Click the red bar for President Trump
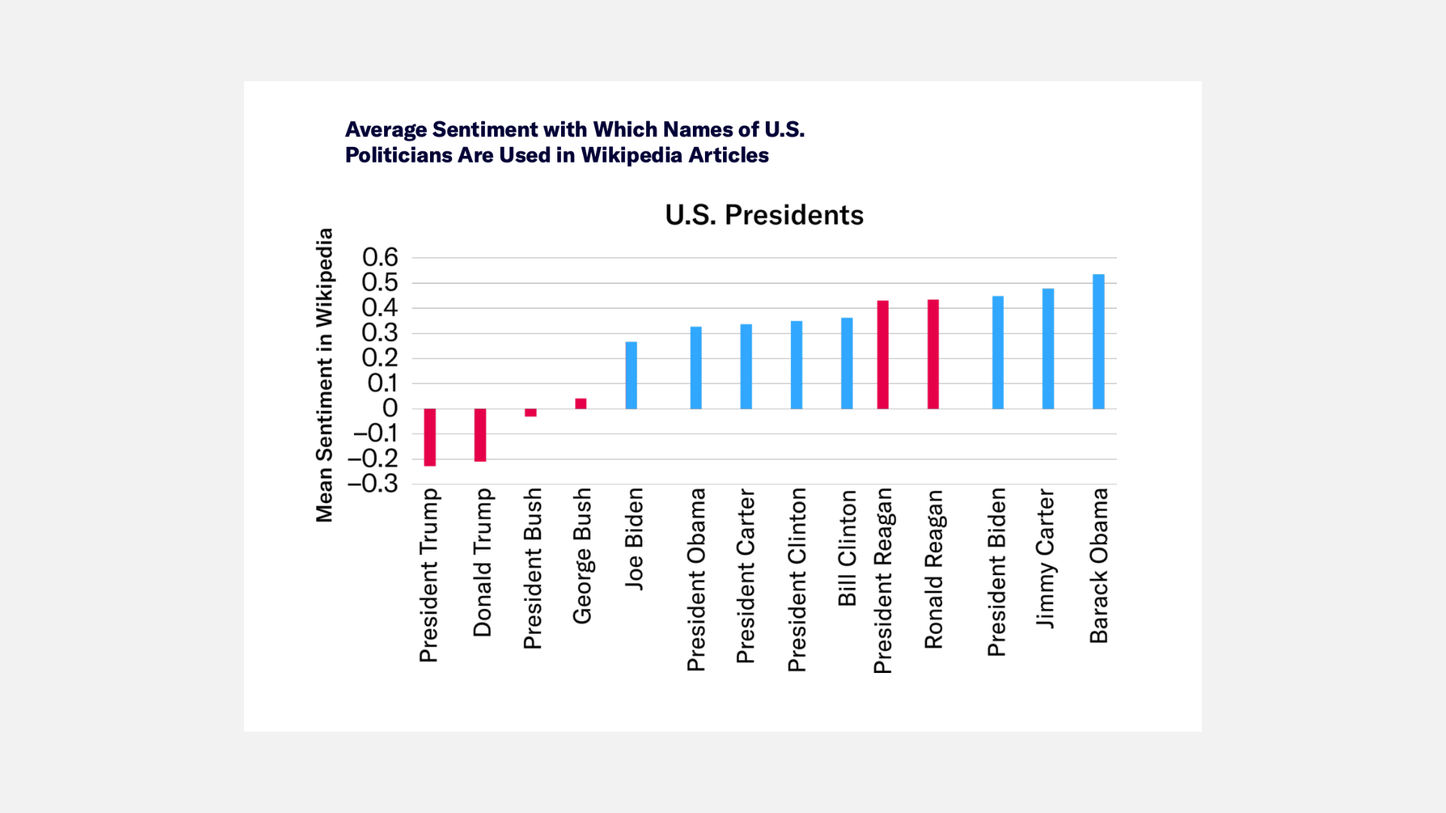click(429, 437)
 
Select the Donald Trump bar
click(480, 434)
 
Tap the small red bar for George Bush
click(581, 403)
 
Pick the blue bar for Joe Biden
click(631, 375)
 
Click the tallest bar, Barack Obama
click(1098, 342)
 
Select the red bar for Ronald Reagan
click(932, 354)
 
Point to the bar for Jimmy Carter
click(1048, 349)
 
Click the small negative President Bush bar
click(530, 413)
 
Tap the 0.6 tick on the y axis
click(380, 257)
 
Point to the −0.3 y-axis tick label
click(373, 483)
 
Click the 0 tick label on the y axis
click(390, 408)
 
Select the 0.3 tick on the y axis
click(380, 333)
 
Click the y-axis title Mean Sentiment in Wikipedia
click(324, 375)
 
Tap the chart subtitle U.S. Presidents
click(764, 215)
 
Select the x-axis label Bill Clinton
click(847, 548)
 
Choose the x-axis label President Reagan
click(883, 580)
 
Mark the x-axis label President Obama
click(696, 580)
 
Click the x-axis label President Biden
click(996, 572)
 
